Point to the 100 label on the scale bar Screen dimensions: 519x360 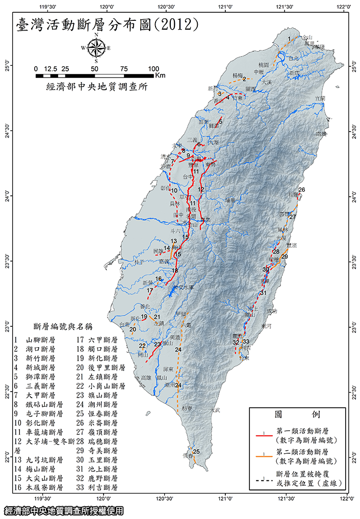coord(153,68)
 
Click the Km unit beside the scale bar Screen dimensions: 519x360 coord(160,75)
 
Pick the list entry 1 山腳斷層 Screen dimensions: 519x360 coord(38,339)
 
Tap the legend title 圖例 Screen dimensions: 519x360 coord(296,413)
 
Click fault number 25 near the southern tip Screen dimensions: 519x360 coord(196,452)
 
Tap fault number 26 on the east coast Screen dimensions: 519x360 coord(301,190)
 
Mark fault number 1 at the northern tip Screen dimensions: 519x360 coord(289,39)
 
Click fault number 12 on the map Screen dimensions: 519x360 coord(201,189)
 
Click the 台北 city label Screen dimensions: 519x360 coord(295,59)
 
